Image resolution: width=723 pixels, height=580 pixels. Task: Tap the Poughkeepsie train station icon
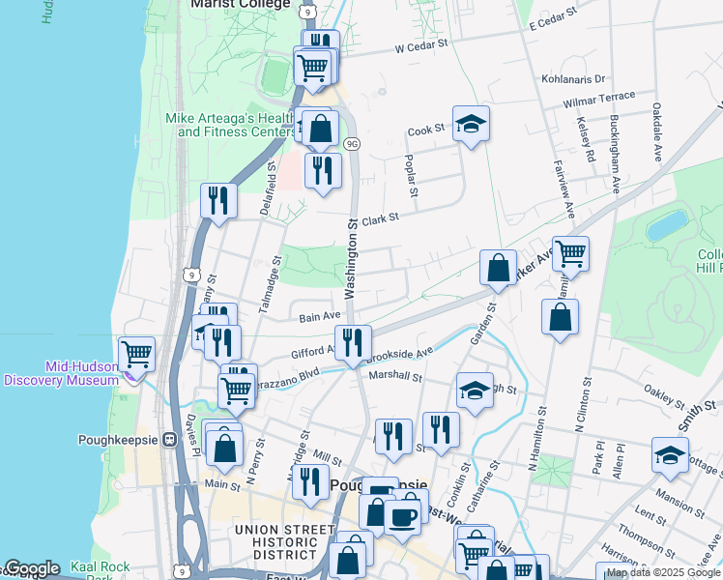[170, 439]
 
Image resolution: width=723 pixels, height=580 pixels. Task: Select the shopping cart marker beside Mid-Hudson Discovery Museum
[136, 354]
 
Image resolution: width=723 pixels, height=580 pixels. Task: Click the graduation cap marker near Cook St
[471, 124]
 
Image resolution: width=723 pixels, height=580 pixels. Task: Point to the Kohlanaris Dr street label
[573, 79]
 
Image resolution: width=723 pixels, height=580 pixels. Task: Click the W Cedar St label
[421, 44]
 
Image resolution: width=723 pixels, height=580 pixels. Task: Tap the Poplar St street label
[411, 176]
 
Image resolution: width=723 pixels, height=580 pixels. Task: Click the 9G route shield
[351, 144]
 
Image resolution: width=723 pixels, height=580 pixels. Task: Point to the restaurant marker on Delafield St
[218, 201]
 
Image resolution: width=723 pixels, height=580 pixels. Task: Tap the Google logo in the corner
[31, 568]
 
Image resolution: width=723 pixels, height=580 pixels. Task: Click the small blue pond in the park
[668, 225]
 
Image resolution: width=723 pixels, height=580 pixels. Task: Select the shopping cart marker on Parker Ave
[570, 255]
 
